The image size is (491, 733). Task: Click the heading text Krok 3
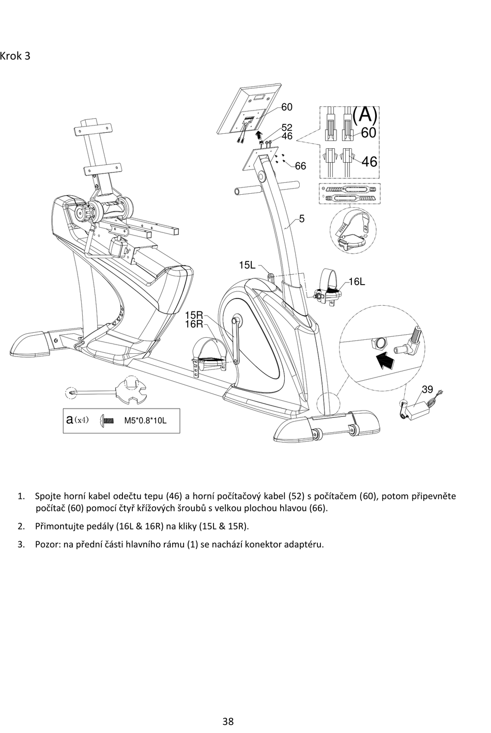16,56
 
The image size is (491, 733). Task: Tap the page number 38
228,721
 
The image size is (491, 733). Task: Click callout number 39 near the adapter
427,389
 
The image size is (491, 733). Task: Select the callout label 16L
357,282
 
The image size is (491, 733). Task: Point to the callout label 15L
247,266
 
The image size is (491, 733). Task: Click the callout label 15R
194,315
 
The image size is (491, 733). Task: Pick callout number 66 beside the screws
300,166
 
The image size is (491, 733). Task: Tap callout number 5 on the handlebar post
302,219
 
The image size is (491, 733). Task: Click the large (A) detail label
364,114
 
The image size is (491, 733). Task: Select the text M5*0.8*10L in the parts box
145,420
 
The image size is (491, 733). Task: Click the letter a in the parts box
70,419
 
